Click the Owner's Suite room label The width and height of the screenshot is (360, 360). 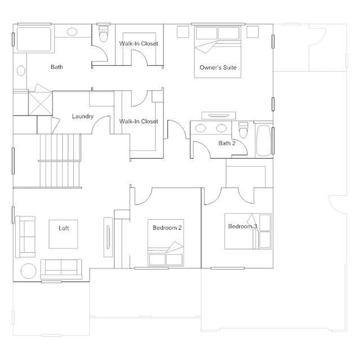pos(217,68)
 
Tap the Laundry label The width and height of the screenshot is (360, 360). pos(82,117)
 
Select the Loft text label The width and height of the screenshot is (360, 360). pos(64,228)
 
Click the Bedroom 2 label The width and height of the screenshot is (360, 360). pos(167,228)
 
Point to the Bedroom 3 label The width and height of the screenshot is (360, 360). pos(242,226)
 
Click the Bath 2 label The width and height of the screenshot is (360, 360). pos(226,143)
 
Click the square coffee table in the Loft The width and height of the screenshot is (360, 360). pos(64,233)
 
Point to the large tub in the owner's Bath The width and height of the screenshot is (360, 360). pos(34,40)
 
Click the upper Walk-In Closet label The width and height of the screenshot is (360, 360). pos(139,43)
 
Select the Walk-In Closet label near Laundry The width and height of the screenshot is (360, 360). pos(139,121)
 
